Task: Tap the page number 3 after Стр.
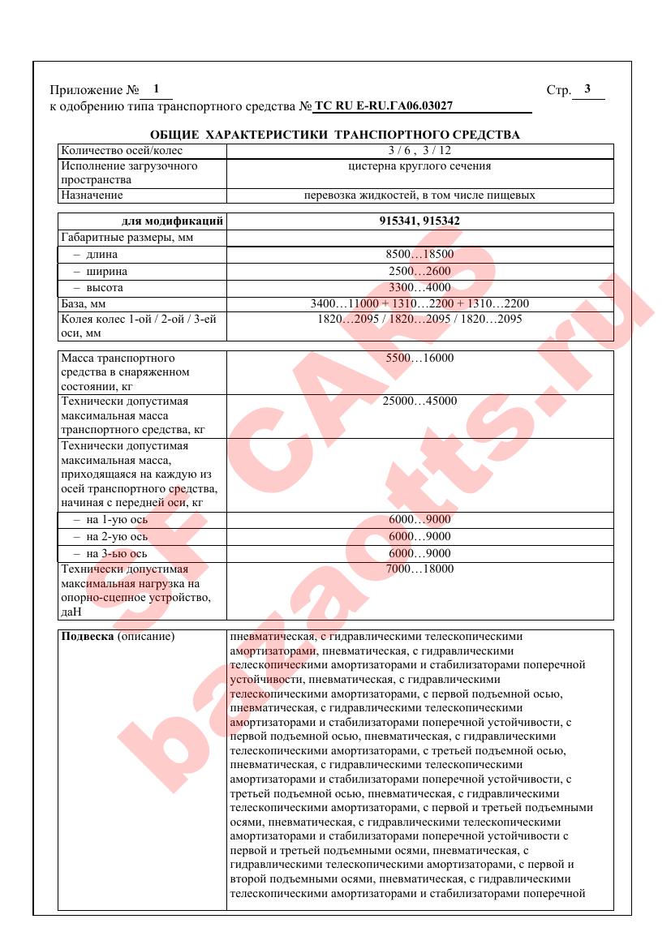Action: coord(587,89)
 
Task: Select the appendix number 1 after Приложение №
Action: coord(156,88)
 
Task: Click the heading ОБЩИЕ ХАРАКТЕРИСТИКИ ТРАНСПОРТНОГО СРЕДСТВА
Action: coord(335,135)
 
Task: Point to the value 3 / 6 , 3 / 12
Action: coord(419,151)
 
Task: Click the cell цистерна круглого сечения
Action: coord(419,166)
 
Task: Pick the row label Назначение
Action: coord(92,195)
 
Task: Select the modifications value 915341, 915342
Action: coord(419,221)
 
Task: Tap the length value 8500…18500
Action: coord(419,255)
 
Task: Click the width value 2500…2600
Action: coord(419,271)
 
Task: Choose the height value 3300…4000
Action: coord(419,287)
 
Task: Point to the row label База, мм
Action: coord(84,303)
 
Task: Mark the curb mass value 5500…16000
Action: coord(419,358)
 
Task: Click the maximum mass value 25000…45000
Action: coord(419,401)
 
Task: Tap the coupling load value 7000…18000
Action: coord(419,569)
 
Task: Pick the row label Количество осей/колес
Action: coord(123,151)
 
